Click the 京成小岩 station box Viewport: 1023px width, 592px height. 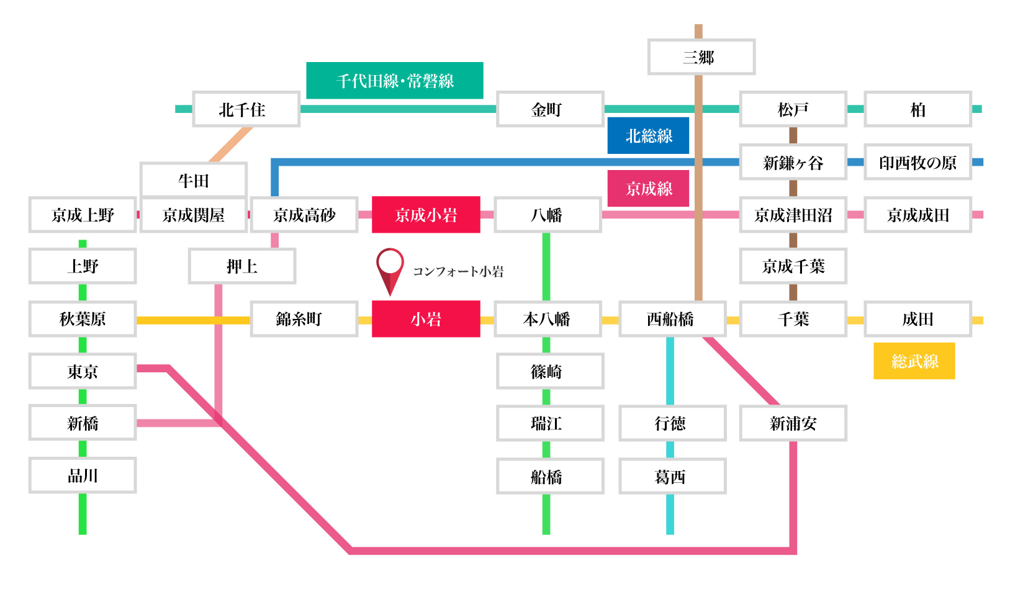(x=426, y=215)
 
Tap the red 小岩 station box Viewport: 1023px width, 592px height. (x=426, y=319)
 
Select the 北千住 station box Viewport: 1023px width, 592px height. (x=246, y=109)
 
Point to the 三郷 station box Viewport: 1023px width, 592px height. (x=701, y=57)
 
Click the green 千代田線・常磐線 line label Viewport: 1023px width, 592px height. (x=395, y=81)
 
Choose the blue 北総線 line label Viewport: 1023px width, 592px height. (x=648, y=135)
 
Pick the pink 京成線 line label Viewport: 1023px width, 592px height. (x=648, y=188)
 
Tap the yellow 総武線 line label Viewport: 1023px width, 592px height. (x=914, y=361)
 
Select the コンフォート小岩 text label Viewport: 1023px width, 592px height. (x=458, y=271)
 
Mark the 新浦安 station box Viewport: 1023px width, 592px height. (x=793, y=423)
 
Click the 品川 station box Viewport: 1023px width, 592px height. (x=83, y=475)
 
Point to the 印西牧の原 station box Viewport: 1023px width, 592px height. (x=917, y=163)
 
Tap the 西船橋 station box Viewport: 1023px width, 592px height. (x=672, y=319)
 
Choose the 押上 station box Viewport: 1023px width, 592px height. (x=241, y=266)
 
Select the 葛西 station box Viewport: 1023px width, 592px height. (x=672, y=476)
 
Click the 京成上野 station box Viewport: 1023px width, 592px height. (x=83, y=215)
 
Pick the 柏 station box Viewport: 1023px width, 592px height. (x=917, y=109)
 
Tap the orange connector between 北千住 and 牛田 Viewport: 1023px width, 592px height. (x=231, y=145)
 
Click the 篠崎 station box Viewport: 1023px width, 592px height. (x=549, y=371)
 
